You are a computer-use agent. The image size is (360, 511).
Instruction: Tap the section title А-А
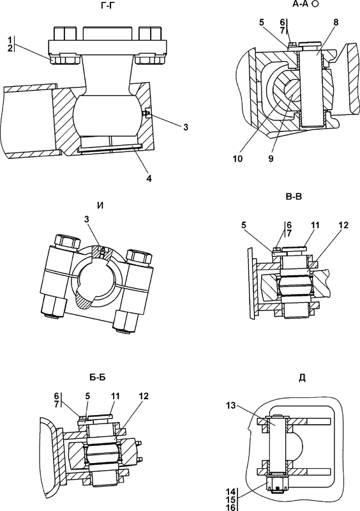(x=302, y=4)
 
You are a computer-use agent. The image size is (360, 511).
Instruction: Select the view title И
(x=100, y=206)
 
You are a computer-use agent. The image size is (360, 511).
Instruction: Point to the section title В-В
(x=294, y=197)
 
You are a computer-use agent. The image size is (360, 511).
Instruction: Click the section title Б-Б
(x=98, y=378)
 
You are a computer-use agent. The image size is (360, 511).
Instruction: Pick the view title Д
(x=302, y=378)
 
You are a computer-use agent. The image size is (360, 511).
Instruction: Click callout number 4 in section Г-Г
(x=149, y=178)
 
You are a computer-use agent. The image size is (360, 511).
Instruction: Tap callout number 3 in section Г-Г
(x=185, y=127)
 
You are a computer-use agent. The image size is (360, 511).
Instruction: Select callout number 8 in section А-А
(x=336, y=22)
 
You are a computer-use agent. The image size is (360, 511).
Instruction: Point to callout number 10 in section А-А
(x=238, y=158)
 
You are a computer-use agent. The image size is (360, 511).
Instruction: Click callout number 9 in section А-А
(x=271, y=158)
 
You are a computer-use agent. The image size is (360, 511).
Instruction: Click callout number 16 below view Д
(x=230, y=507)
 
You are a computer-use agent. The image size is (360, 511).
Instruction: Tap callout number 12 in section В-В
(x=343, y=225)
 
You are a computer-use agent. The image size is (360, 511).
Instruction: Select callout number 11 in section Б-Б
(x=115, y=396)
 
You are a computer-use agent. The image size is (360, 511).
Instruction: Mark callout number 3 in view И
(x=87, y=220)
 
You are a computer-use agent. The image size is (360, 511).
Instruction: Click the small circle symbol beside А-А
(x=315, y=4)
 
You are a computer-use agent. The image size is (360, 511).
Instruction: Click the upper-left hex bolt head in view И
(x=68, y=241)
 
